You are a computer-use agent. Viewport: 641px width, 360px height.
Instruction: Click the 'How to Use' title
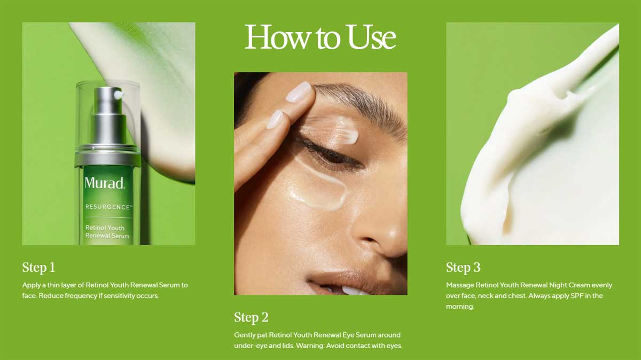click(x=320, y=37)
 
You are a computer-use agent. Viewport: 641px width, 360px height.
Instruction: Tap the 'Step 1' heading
click(x=38, y=268)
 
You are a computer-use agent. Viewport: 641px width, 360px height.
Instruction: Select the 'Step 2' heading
click(x=251, y=317)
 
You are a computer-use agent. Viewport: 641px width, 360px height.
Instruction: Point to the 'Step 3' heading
click(x=463, y=268)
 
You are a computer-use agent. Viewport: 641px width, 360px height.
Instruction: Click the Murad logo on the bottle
click(x=105, y=183)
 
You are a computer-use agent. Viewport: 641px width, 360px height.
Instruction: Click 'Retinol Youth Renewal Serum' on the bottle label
click(x=107, y=232)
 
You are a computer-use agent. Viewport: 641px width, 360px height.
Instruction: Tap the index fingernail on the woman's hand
click(x=299, y=91)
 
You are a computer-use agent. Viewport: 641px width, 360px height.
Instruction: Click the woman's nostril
click(x=369, y=239)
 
